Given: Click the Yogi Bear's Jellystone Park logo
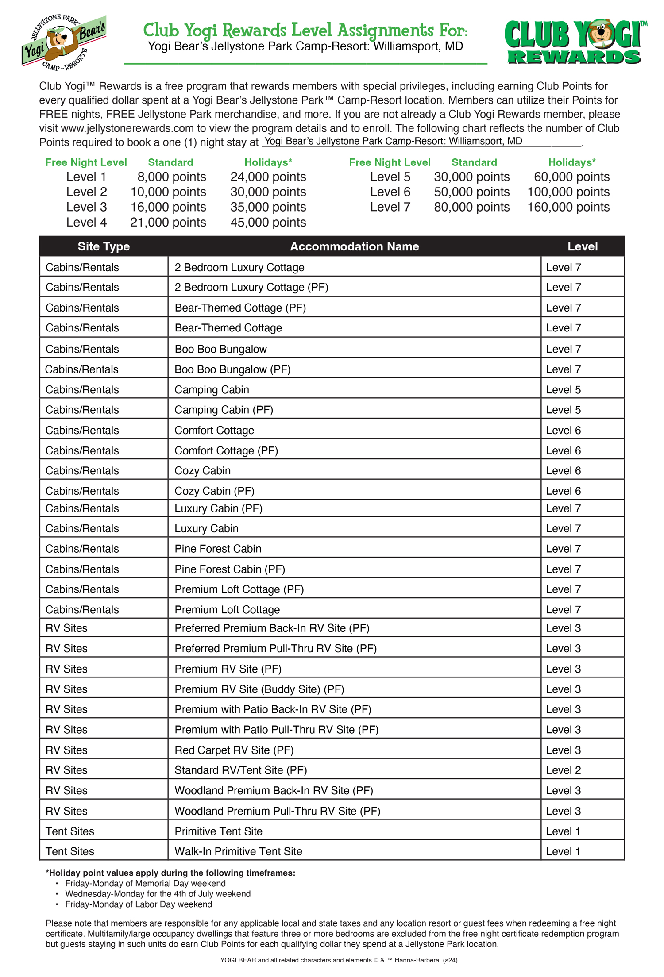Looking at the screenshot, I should [x=64, y=42].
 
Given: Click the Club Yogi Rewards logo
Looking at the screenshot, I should [x=574, y=42].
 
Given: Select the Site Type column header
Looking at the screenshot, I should [x=104, y=246].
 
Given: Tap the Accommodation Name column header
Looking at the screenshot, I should [x=354, y=246].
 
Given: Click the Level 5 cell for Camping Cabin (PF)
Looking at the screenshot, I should [x=563, y=410].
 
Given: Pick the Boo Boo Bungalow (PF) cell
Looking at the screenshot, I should [x=232, y=369].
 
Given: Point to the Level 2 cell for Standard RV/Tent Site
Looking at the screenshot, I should [x=563, y=770].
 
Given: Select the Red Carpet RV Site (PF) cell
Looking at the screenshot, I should [x=234, y=750].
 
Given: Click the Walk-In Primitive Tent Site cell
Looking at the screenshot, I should [x=238, y=851].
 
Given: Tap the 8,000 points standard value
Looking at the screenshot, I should [x=171, y=177].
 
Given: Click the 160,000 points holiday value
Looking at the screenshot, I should [x=568, y=207].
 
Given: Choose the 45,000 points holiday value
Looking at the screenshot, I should [x=268, y=222].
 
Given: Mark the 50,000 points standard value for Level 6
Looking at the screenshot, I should [x=471, y=192].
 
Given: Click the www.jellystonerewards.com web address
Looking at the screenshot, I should [x=127, y=128].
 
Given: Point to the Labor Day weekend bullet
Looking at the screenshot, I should [x=138, y=904].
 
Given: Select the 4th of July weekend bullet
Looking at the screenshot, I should [x=158, y=894].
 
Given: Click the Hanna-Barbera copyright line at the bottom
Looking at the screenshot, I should [x=339, y=960].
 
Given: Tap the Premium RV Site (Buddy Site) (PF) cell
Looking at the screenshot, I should [x=259, y=689].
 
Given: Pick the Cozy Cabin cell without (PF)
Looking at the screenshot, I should [x=202, y=471].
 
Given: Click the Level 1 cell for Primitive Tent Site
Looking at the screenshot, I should [x=563, y=831].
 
